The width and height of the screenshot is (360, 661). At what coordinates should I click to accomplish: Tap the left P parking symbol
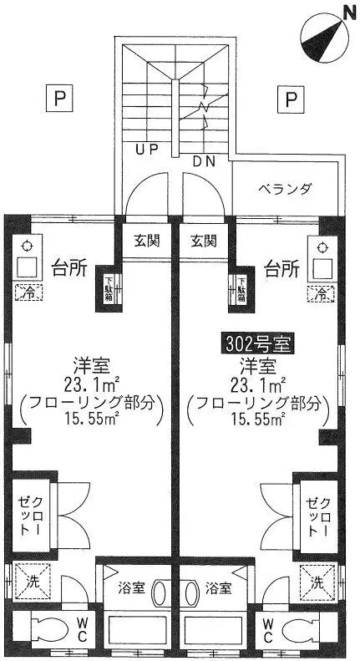[59, 99]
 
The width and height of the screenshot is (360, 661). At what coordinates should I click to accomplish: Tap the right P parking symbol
[291, 99]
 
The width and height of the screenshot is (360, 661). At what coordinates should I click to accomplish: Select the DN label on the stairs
[204, 160]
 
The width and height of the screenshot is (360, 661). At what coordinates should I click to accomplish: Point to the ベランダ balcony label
[285, 188]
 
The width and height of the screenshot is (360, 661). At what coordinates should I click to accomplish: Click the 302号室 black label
[258, 344]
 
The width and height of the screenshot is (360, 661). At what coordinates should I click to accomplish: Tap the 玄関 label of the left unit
[147, 242]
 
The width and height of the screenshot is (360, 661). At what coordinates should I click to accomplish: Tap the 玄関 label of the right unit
[204, 242]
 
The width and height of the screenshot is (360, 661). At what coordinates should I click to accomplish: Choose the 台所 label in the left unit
[69, 268]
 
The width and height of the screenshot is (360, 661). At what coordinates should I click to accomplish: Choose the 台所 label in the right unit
[282, 268]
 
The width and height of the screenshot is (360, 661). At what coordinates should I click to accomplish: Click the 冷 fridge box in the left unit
[28, 292]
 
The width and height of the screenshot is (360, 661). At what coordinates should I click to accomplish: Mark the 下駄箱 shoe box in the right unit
[241, 289]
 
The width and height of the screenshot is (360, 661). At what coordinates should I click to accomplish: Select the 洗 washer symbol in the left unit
[33, 582]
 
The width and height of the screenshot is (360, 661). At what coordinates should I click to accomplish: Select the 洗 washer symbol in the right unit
[317, 583]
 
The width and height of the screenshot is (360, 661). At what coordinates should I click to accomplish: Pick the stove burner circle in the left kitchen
[27, 247]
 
